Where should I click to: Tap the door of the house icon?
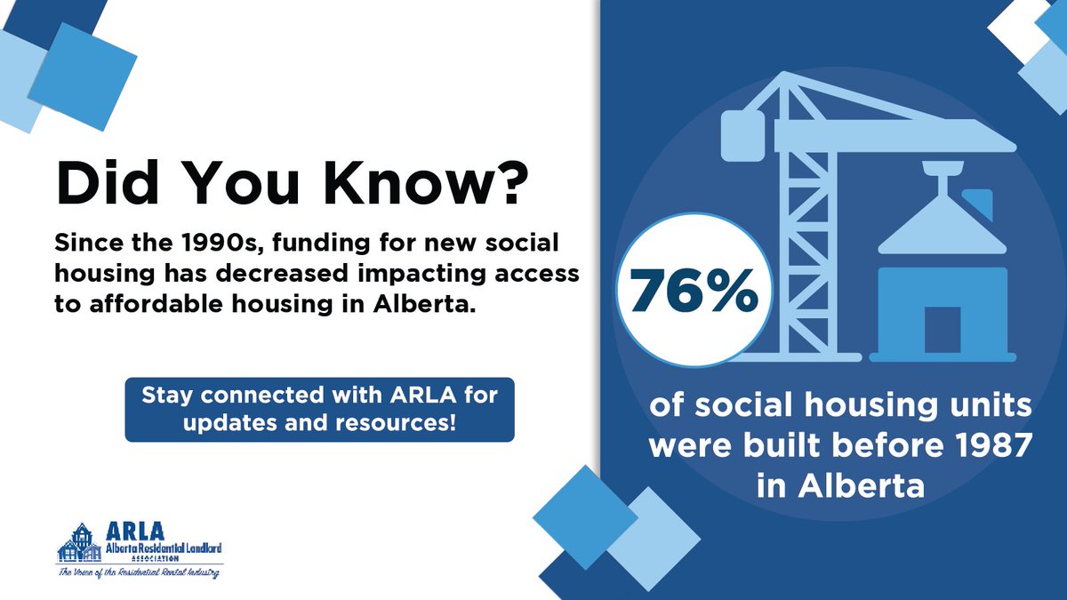click(942, 330)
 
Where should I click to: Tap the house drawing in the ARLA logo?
click(77, 541)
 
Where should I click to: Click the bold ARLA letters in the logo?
click(131, 531)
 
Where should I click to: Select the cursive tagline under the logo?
click(139, 572)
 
